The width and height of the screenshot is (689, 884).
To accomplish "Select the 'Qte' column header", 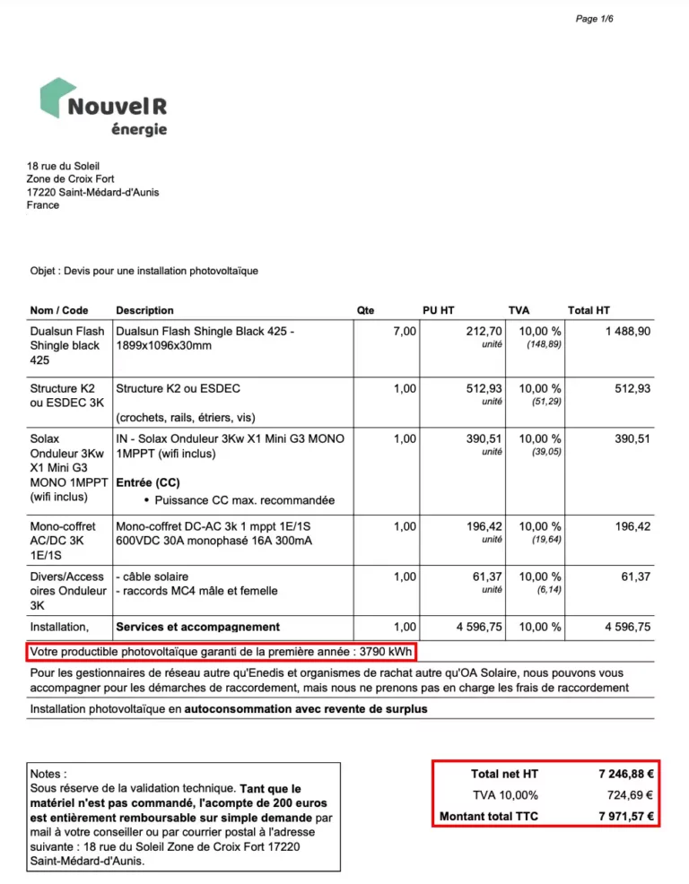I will (x=365, y=310).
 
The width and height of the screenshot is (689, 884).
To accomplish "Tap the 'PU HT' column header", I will (x=439, y=310).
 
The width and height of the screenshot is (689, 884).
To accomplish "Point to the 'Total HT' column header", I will (x=589, y=310).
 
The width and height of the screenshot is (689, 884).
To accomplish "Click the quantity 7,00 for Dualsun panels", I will (x=405, y=332).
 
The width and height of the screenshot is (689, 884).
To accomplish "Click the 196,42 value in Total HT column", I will (x=632, y=526).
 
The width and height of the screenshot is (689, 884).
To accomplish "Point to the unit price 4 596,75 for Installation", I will (x=479, y=627).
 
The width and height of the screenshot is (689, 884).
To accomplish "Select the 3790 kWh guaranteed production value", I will (x=385, y=651).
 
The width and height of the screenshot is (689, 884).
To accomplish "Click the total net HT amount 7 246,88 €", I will (x=625, y=774).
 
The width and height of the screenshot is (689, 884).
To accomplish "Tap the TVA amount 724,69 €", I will (x=631, y=795).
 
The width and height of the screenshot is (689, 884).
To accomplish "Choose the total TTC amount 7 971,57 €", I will (x=625, y=817).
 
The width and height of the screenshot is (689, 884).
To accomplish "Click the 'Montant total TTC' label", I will (x=489, y=817).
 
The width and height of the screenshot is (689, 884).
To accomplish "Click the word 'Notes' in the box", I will (x=48, y=774).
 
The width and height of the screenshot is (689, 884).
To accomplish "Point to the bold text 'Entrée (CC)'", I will (x=148, y=482).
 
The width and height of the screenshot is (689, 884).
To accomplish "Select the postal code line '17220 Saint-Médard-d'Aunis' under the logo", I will (x=93, y=192).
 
